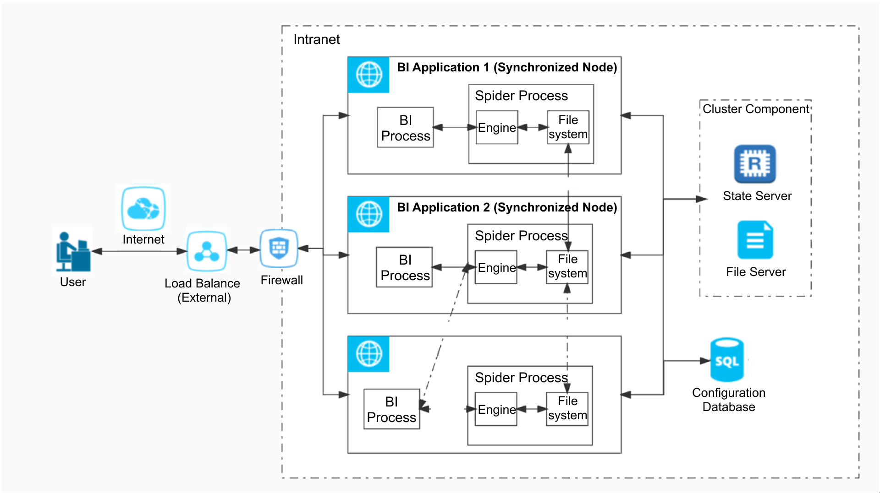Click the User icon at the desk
pyautogui.click(x=73, y=251)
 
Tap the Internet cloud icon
pyautogui.click(x=143, y=209)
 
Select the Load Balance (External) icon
pyautogui.click(x=207, y=251)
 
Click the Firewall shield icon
pyautogui.click(x=279, y=248)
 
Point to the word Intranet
pyautogui.click(x=316, y=40)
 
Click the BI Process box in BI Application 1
pyautogui.click(x=405, y=128)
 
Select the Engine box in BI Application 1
pyautogui.click(x=497, y=128)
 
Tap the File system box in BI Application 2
pyautogui.click(x=567, y=267)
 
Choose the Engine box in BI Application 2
pyautogui.click(x=496, y=267)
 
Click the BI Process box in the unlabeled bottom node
pyautogui.click(x=391, y=409)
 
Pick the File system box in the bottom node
pyautogui.click(x=567, y=409)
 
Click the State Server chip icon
pyautogui.click(x=754, y=164)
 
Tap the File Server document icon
pyautogui.click(x=755, y=240)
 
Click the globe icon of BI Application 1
pyautogui.click(x=369, y=75)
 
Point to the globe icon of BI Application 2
pyautogui.click(x=369, y=214)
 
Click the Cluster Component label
pyautogui.click(x=756, y=109)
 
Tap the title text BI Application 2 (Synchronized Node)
pyautogui.click(x=506, y=207)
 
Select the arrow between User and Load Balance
pyautogui.click(x=139, y=251)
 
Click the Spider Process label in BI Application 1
pyautogui.click(x=521, y=96)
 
